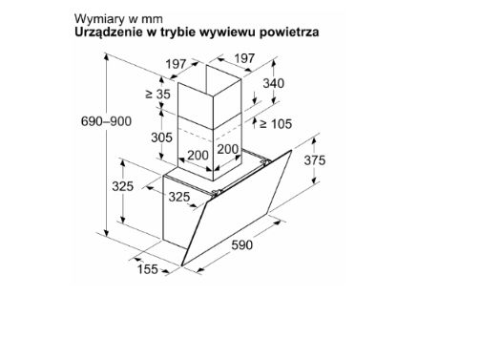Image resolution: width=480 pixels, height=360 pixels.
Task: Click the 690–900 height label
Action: point(106,121)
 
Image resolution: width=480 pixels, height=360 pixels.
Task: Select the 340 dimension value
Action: point(274,83)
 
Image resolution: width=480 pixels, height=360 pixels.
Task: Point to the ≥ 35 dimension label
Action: point(158,95)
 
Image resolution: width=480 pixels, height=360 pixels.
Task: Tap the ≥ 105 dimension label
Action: point(276,124)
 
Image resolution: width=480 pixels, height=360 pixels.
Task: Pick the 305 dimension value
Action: point(161,138)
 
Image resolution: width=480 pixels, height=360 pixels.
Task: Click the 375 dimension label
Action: point(315,160)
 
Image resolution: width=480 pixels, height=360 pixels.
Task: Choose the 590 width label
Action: point(242,245)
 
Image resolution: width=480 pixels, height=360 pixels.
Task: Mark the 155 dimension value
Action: point(147,269)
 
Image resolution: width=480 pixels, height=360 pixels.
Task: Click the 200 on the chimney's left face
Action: point(198,156)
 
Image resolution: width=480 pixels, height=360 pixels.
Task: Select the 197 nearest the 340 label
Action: point(244,58)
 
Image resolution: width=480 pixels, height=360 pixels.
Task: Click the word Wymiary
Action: point(99,19)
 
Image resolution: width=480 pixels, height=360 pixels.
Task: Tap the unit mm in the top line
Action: point(152,19)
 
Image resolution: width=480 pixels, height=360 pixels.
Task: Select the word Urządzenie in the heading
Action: point(109,32)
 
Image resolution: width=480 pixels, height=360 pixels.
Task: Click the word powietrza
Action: point(289,32)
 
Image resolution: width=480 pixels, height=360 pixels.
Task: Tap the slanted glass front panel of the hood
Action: point(237,208)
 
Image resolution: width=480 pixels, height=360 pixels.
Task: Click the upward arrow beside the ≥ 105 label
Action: point(255,122)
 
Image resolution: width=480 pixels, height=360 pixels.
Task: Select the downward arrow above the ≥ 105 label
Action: point(255,97)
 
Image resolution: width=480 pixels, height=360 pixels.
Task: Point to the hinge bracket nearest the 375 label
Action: point(264,162)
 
